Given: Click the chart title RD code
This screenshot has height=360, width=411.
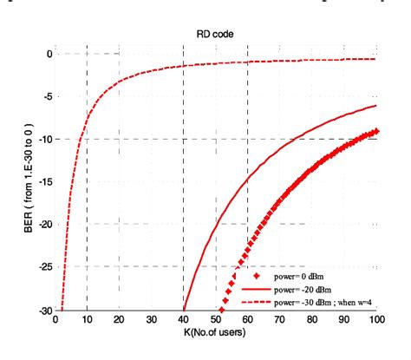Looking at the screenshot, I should pyautogui.click(x=217, y=35).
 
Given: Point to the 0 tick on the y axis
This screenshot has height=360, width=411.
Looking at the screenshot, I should pyautogui.click(x=49, y=54).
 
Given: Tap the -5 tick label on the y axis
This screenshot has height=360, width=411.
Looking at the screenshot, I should pyautogui.click(x=47, y=96).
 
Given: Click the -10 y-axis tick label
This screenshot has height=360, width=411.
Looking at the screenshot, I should pyautogui.click(x=44, y=139).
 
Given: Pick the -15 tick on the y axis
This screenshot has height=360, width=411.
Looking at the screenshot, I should pyautogui.click(x=44, y=181).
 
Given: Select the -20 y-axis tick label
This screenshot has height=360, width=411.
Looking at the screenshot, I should pyautogui.click(x=44, y=224).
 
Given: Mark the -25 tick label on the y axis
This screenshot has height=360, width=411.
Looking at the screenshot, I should pyautogui.click(x=44, y=266).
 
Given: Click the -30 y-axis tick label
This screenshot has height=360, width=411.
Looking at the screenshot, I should pyautogui.click(x=44, y=309).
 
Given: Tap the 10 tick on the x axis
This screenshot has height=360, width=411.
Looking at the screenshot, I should pyautogui.click(x=86, y=320).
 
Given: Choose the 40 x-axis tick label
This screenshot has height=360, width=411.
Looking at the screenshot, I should pyautogui.click(x=183, y=320).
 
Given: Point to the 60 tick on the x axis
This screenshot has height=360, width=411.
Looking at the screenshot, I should pyautogui.click(x=248, y=320).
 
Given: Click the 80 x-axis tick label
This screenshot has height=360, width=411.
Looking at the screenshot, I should pyautogui.click(x=312, y=320).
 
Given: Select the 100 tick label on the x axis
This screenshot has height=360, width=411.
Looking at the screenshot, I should pyautogui.click(x=375, y=320).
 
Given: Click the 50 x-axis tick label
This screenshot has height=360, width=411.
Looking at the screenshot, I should pyautogui.click(x=215, y=320).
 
